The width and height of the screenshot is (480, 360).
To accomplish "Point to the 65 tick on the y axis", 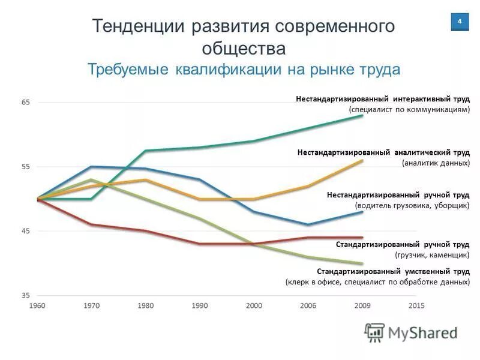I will pyautogui.click(x=26, y=103).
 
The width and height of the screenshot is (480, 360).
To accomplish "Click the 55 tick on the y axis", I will pyautogui.click(x=26, y=167).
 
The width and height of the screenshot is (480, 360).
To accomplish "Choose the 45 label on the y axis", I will pyautogui.click(x=26, y=231).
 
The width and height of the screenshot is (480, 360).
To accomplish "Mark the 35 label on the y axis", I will pyautogui.click(x=26, y=295).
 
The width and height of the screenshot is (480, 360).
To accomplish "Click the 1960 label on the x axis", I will pyautogui.click(x=37, y=305).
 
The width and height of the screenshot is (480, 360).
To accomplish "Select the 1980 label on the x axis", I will pyautogui.click(x=145, y=305).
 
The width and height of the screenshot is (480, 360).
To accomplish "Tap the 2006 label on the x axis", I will pyautogui.click(x=308, y=305).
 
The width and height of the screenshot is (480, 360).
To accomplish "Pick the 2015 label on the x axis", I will pyautogui.click(x=416, y=305).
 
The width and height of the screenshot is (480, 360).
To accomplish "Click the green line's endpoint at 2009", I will pyautogui.click(x=362, y=115).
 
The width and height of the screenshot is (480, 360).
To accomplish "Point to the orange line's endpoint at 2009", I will pyautogui.click(x=362, y=161).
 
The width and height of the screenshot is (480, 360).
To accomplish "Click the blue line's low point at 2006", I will pyautogui.click(x=308, y=224).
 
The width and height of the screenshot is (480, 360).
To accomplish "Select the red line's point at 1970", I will pyautogui.click(x=91, y=224).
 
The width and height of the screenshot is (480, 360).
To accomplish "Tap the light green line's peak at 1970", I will pyautogui.click(x=91, y=179).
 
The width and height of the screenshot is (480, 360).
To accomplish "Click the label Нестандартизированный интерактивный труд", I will pyautogui.click(x=382, y=98).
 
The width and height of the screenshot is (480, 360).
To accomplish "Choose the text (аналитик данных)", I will pyautogui.click(x=436, y=163).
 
